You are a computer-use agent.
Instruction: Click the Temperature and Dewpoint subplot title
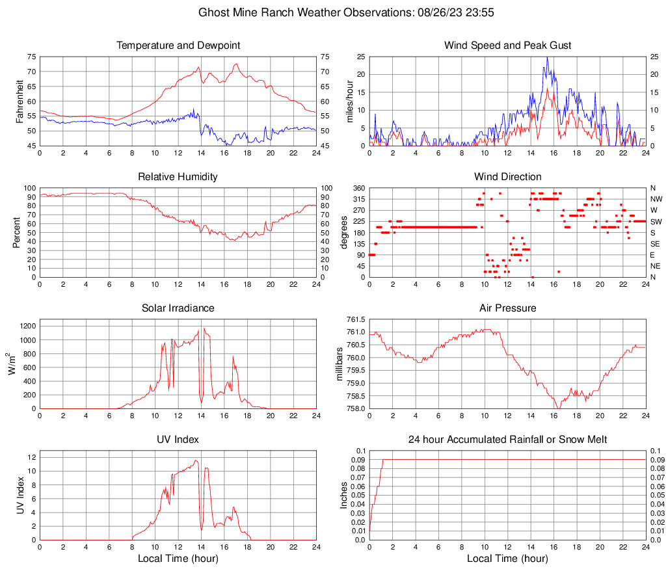click(178, 46)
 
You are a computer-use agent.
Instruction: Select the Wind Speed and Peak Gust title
click(507, 46)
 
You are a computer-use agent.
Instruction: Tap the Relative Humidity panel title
click(178, 177)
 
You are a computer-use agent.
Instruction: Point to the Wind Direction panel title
click(507, 177)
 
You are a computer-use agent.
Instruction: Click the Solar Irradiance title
click(178, 308)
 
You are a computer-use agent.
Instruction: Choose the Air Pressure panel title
click(507, 308)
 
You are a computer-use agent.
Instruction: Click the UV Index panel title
click(178, 440)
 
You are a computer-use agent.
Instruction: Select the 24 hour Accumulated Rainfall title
click(507, 440)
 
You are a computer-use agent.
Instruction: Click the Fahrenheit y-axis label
click(20, 101)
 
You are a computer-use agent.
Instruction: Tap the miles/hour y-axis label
click(350, 101)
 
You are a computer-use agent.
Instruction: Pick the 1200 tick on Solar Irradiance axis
click(26, 323)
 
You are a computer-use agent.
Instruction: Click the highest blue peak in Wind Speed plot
click(547, 57)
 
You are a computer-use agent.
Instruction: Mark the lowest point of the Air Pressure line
click(557, 408)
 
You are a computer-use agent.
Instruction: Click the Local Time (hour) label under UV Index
click(178, 559)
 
